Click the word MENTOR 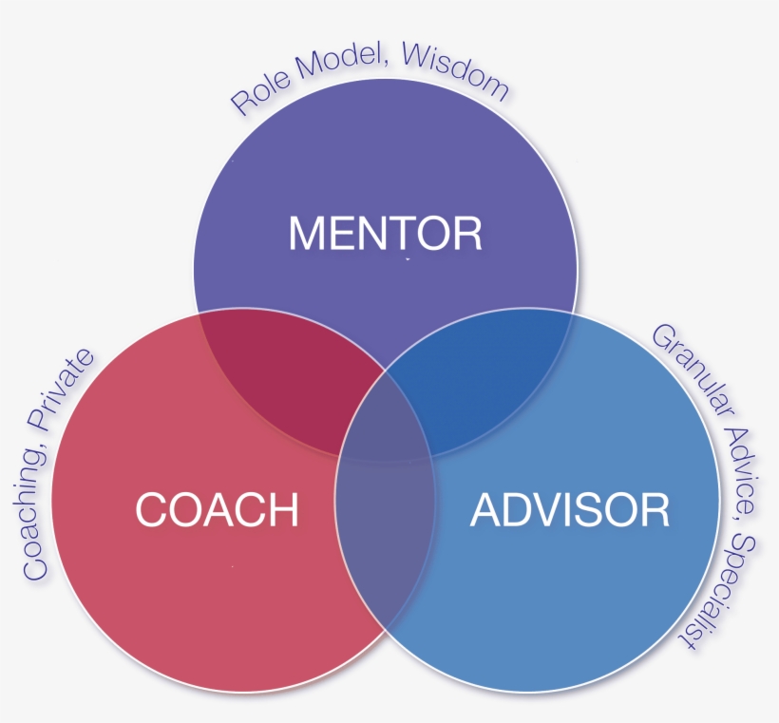pos(385,233)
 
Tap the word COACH pos(217,510)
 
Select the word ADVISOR pos(569,510)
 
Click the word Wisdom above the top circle pos(455,67)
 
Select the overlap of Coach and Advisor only pos(385,561)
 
